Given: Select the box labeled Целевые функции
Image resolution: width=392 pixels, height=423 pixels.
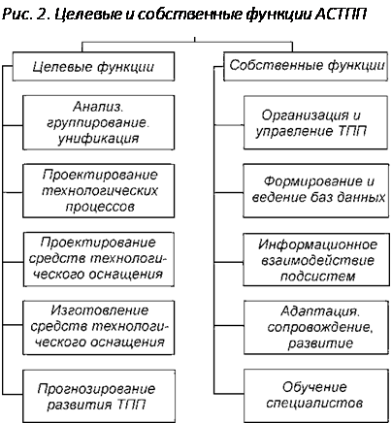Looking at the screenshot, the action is pyautogui.click(x=93, y=66).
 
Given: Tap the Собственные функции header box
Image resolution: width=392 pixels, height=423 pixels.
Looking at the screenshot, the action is pyautogui.click(x=306, y=66).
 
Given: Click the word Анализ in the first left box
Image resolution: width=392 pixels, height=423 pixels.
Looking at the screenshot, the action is pyautogui.click(x=98, y=107).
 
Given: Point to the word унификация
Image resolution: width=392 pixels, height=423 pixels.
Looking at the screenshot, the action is pyautogui.click(x=98, y=139).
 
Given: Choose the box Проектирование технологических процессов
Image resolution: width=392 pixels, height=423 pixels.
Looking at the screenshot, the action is pyautogui.click(x=99, y=191).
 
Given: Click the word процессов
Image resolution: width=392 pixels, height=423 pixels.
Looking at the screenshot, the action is pyautogui.click(x=100, y=207).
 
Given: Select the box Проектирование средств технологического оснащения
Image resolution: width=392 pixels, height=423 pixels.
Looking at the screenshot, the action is pyautogui.click(x=99, y=259).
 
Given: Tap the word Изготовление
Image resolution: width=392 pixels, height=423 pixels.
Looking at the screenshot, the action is pyautogui.click(x=100, y=310).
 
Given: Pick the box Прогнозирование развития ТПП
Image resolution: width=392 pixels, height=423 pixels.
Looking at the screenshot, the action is pyautogui.click(x=99, y=396).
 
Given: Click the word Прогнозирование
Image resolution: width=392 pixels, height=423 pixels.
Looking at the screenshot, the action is pyautogui.click(x=96, y=388).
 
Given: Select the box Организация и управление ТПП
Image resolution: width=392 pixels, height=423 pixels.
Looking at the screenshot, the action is pyautogui.click(x=315, y=122).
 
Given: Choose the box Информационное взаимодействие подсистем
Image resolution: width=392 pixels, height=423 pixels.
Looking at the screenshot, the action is pyautogui.click(x=316, y=260).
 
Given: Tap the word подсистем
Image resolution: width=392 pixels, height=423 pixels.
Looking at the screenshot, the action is pyautogui.click(x=317, y=277).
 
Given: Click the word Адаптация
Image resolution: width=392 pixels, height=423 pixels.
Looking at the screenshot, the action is pyautogui.click(x=320, y=311).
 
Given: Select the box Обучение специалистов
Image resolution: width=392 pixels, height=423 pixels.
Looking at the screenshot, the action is pyautogui.click(x=316, y=395).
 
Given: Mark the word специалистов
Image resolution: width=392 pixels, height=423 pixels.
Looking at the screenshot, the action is pyautogui.click(x=314, y=403).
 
